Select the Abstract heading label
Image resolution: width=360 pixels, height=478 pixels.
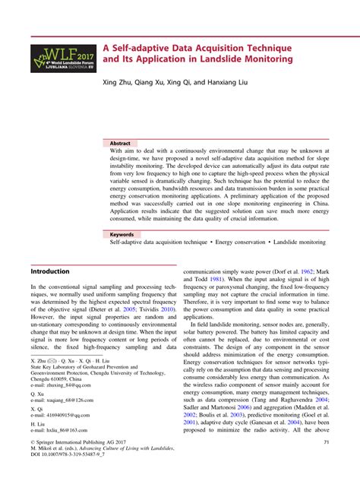120,143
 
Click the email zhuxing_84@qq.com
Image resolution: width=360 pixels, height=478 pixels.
56,386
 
